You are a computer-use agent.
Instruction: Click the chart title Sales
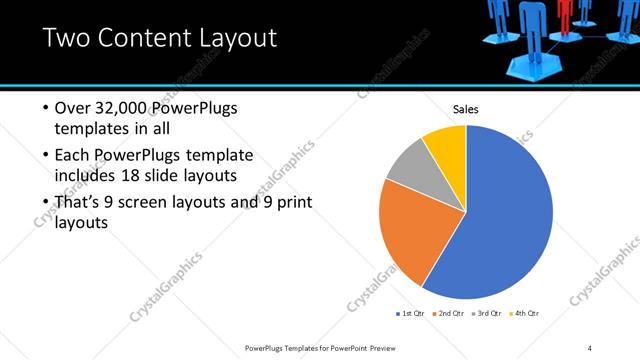pyautogui.click(x=466, y=109)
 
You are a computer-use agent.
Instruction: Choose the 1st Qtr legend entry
pyautogui.click(x=410, y=314)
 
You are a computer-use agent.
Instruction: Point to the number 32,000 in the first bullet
pyautogui.click(x=124, y=108)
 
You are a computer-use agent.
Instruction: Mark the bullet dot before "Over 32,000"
pyautogui.click(x=45, y=109)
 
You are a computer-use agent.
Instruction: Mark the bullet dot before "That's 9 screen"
pyautogui.click(x=45, y=204)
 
